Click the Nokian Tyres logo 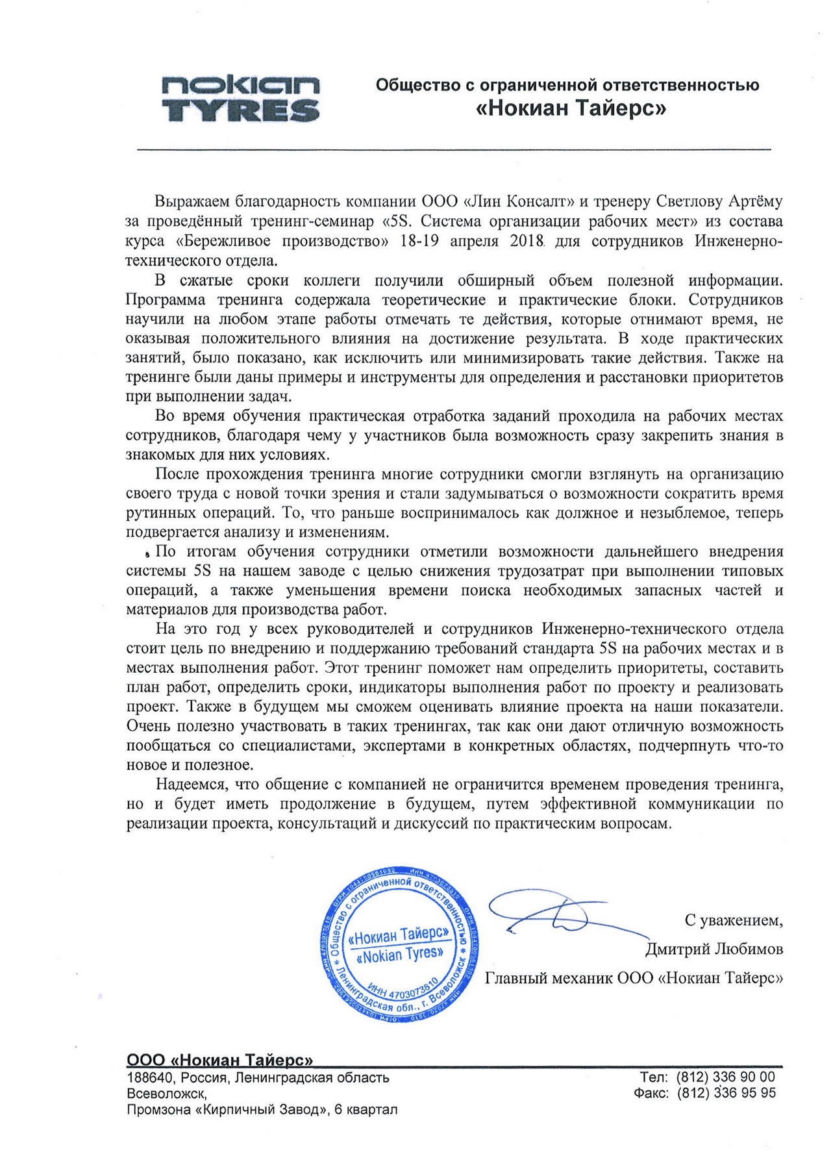tap(240, 99)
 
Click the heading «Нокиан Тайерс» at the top tap(571, 108)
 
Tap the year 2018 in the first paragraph tap(527, 241)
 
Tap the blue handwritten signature tap(552, 916)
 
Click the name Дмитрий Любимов tap(713, 949)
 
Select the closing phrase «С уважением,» tap(734, 920)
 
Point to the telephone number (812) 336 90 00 tap(726, 1077)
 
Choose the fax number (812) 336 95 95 tap(726, 1093)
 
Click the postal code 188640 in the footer tap(151, 1078)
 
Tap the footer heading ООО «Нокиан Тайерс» tap(219, 1061)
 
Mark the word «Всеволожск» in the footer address tap(166, 1094)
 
